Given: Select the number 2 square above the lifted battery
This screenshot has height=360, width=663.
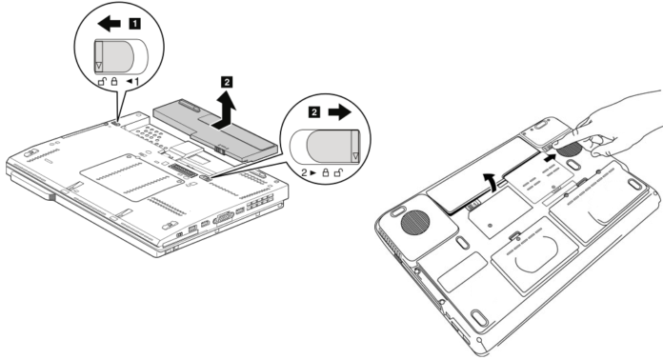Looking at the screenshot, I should click(227, 83).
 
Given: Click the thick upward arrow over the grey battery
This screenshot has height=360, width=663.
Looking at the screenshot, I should click(227, 112).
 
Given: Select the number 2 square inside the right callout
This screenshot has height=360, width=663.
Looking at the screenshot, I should click(312, 112).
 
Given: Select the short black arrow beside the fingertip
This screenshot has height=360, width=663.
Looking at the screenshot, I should click(551, 159).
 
